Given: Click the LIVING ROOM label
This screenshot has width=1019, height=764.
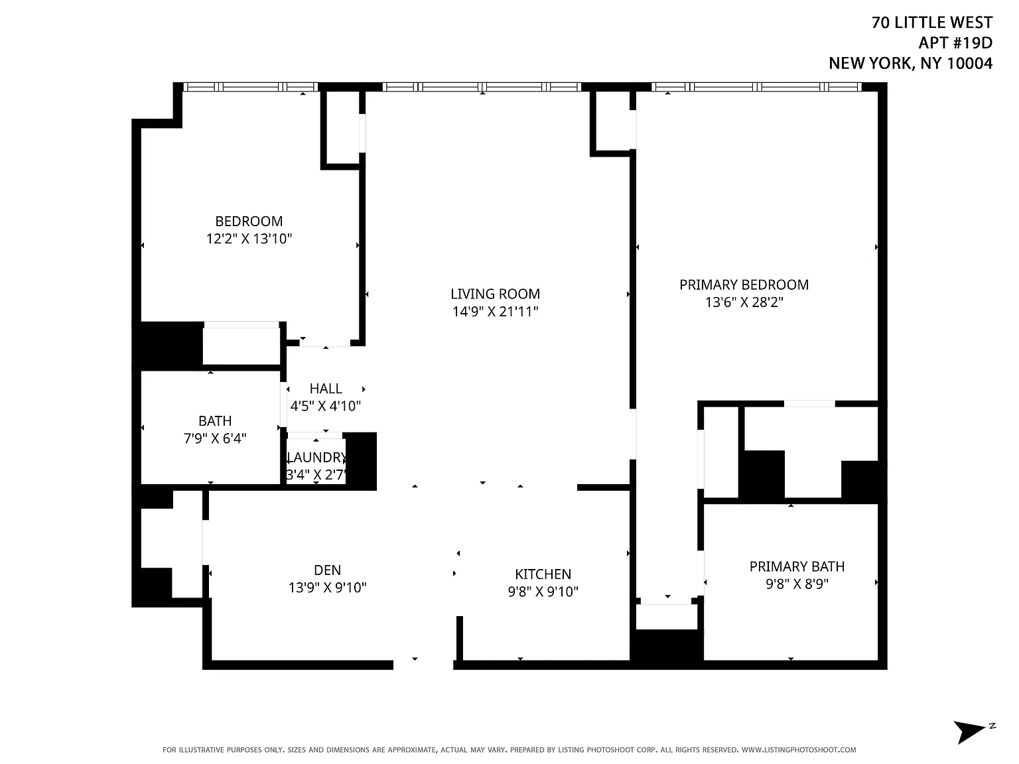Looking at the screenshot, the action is [x=495, y=294].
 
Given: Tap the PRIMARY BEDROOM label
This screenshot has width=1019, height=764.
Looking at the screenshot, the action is [x=744, y=285].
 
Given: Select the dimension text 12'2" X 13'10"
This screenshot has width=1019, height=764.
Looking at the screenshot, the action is [x=249, y=239].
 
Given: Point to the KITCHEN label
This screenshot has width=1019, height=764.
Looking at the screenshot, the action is [x=543, y=574].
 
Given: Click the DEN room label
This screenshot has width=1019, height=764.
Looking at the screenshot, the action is [x=327, y=570].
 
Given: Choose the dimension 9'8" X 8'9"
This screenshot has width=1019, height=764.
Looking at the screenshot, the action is [x=797, y=584].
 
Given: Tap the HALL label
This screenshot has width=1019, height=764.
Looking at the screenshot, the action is [x=326, y=388].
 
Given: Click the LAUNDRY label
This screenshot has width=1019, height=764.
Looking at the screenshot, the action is [x=316, y=458].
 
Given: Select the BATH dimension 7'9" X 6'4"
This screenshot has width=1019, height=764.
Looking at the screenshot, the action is [x=215, y=438].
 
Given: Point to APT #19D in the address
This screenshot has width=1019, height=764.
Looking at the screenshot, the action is [x=955, y=42].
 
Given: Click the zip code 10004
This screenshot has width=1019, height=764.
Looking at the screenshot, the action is [x=969, y=63].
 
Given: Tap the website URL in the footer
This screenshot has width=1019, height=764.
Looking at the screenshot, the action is [x=799, y=749].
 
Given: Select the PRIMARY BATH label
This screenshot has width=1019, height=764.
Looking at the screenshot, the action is [x=797, y=566].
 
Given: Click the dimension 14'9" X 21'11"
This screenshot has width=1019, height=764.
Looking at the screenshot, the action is [x=495, y=311].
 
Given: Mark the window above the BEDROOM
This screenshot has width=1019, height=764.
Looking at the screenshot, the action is [x=251, y=87].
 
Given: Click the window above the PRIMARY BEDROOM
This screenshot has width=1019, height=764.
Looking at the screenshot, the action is [x=756, y=87].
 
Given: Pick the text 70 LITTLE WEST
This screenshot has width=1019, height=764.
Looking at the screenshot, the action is [x=931, y=23].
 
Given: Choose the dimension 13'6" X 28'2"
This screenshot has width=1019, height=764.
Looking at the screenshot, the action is [x=744, y=302].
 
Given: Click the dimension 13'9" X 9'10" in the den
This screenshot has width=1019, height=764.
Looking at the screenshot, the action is [x=327, y=588].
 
